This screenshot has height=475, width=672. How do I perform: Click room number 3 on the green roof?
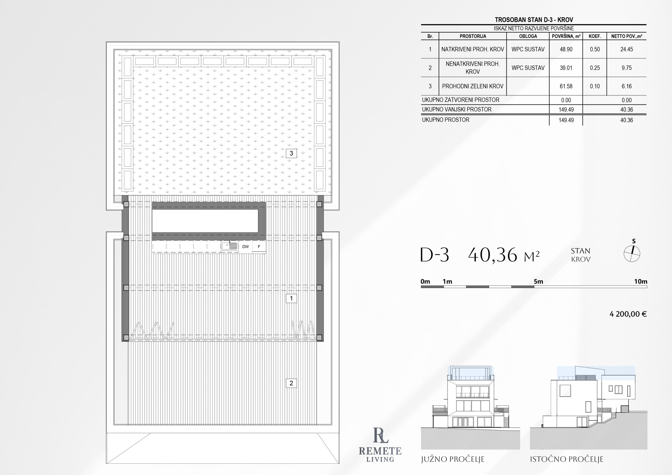(x=291, y=153)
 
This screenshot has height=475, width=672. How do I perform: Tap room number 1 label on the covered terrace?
(x=291, y=299)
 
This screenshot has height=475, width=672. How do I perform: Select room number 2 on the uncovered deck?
(x=291, y=383)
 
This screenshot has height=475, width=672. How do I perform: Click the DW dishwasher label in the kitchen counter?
(x=245, y=247)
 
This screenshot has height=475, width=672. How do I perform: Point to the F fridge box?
(x=259, y=247)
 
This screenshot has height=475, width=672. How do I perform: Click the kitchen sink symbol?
(x=229, y=246)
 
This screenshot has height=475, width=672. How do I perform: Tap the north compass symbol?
(x=632, y=253)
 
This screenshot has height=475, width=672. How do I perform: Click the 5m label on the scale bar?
(x=538, y=282)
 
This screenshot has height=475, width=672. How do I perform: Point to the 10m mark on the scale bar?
(x=641, y=282)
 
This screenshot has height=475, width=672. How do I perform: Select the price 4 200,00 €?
(x=628, y=314)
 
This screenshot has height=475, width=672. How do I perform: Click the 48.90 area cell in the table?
(x=566, y=49)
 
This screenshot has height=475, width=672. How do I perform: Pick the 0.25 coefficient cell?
(x=595, y=68)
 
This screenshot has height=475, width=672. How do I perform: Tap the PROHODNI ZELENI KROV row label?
(x=473, y=86)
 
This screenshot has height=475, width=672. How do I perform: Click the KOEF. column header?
(x=595, y=36)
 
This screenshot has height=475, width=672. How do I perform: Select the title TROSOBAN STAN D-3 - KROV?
(x=534, y=20)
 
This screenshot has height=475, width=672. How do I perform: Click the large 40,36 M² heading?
(x=504, y=255)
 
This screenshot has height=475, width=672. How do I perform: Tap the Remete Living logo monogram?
(x=380, y=435)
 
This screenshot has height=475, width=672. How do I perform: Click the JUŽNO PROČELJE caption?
(x=453, y=459)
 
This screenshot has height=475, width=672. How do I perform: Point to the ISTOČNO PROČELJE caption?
(x=567, y=459)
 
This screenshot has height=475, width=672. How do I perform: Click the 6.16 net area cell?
(x=627, y=86)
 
